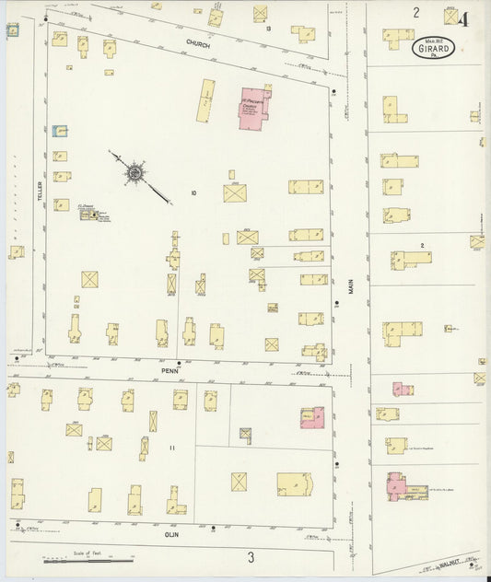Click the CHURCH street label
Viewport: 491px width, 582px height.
tap(198, 44)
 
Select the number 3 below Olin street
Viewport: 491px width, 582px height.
tap(250, 556)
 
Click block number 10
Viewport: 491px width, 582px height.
tap(193, 192)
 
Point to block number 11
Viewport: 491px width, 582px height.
tap(171, 448)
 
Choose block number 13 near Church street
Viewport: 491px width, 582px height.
tap(268, 29)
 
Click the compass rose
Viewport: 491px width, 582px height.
tap(135, 171)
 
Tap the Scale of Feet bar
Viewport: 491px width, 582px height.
tap(88, 560)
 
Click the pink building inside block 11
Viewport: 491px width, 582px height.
tap(311, 418)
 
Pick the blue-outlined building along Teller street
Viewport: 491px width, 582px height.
tap(60, 133)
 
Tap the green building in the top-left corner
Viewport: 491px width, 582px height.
tap(13, 31)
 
